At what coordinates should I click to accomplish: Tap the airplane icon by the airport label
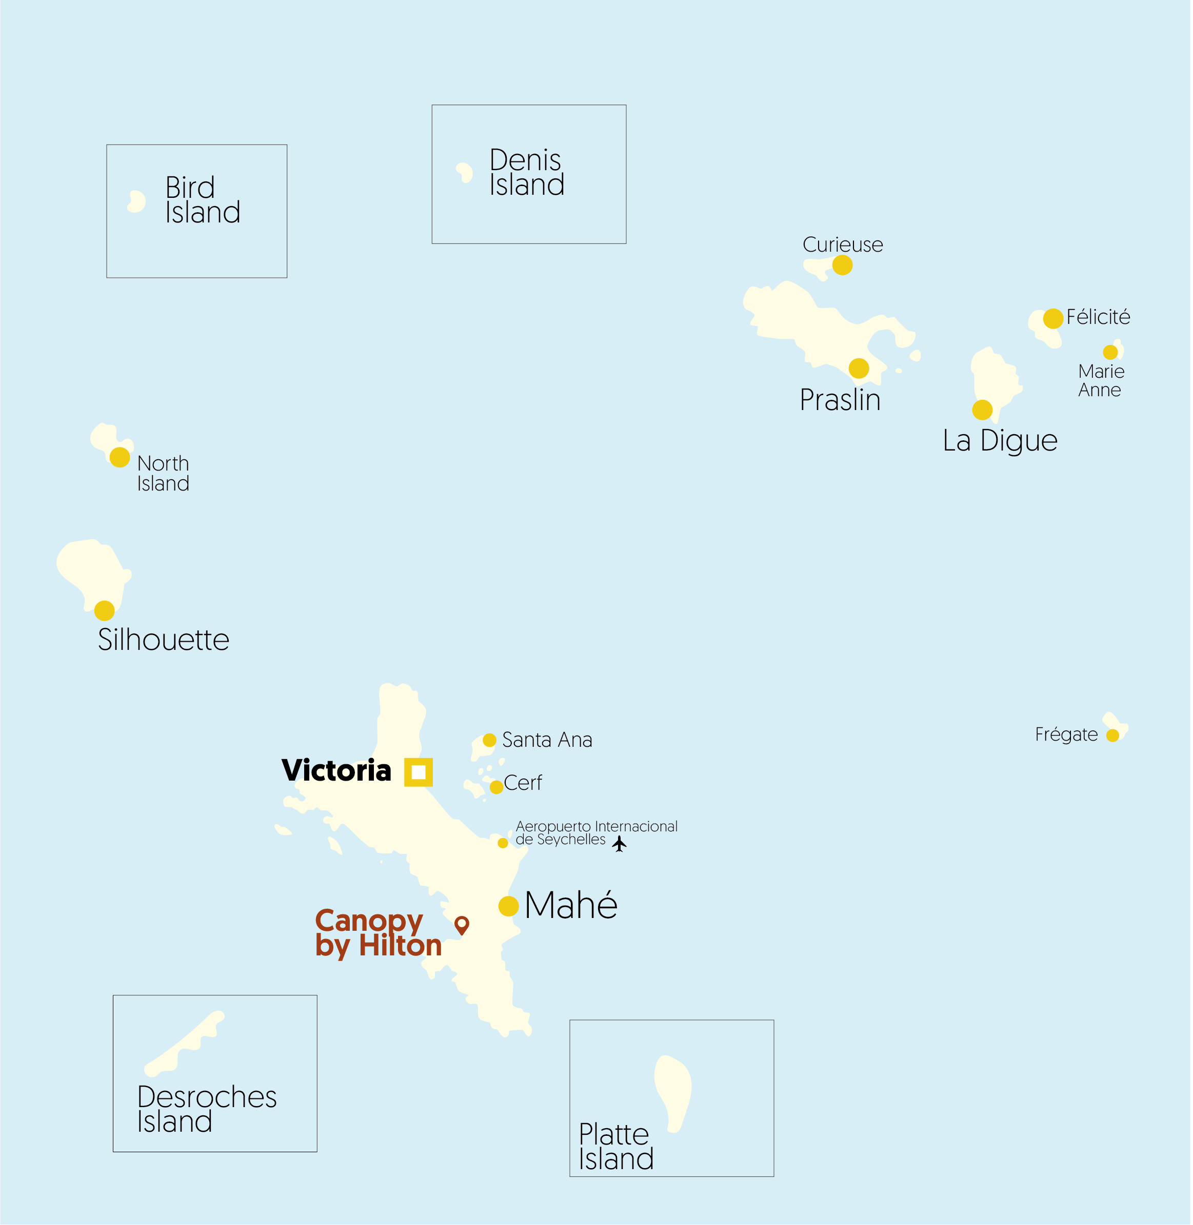(620, 844)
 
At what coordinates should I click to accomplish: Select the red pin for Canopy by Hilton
(462, 924)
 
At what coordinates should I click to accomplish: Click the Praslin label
(840, 400)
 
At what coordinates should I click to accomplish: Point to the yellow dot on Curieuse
(843, 265)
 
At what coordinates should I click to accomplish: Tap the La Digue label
(1000, 440)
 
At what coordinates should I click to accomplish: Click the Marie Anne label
(1101, 380)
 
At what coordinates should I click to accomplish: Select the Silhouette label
(164, 640)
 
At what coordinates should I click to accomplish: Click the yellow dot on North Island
(120, 457)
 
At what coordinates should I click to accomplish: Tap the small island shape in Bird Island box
(136, 201)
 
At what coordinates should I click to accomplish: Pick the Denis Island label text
(526, 172)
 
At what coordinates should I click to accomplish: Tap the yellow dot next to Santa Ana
(489, 740)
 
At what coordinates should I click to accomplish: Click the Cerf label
(523, 783)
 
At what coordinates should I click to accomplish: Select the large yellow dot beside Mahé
(509, 906)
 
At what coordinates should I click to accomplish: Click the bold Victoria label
(336, 770)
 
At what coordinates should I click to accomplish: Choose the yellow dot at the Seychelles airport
(503, 843)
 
